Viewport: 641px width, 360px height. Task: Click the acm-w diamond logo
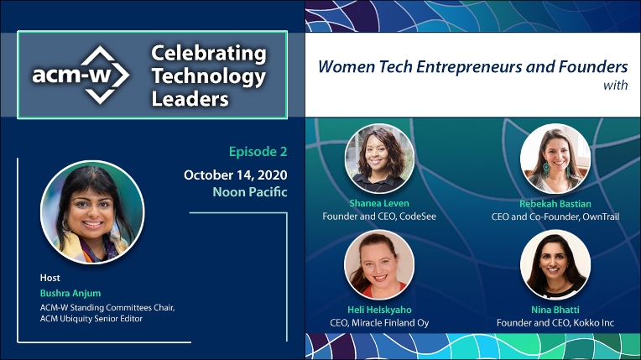pyautogui.click(x=81, y=75)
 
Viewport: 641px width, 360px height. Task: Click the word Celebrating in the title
pyautogui.click(x=209, y=54)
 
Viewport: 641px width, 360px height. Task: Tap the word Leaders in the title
pyautogui.click(x=190, y=98)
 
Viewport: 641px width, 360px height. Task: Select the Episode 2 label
pyautogui.click(x=258, y=152)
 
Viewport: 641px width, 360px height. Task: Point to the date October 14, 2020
pyautogui.click(x=236, y=175)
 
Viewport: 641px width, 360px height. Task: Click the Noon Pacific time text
pyautogui.click(x=250, y=192)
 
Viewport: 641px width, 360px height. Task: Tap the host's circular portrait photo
pyautogui.click(x=92, y=212)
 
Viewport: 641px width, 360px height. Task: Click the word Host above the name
pyautogui.click(x=50, y=278)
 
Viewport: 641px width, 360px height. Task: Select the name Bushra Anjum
pyautogui.click(x=70, y=294)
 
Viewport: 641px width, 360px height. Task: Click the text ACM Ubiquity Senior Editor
pyautogui.click(x=91, y=319)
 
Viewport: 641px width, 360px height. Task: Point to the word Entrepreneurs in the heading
pyautogui.click(x=468, y=66)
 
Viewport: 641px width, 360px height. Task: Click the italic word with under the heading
pyautogui.click(x=615, y=85)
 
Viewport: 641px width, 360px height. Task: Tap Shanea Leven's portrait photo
pyautogui.click(x=379, y=159)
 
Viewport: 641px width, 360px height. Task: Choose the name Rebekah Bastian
pyautogui.click(x=555, y=204)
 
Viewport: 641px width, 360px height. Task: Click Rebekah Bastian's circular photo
pyautogui.click(x=555, y=159)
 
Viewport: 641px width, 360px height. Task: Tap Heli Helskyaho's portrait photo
pyautogui.click(x=379, y=264)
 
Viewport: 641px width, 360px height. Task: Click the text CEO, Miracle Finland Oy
pyautogui.click(x=379, y=323)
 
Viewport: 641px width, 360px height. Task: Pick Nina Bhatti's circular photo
pyautogui.click(x=555, y=264)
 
